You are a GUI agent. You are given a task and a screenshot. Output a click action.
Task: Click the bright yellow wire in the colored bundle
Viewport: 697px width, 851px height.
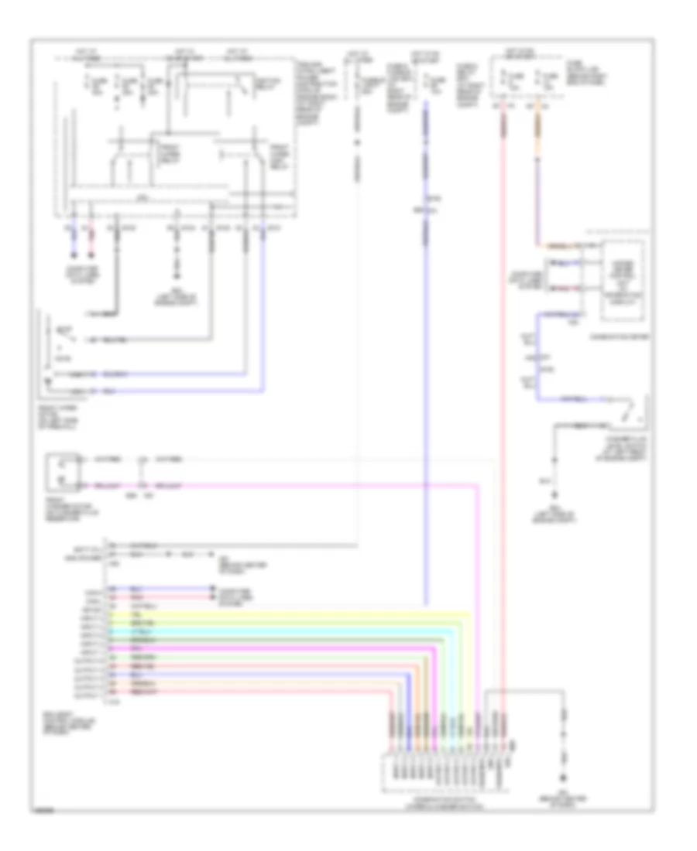[310, 612]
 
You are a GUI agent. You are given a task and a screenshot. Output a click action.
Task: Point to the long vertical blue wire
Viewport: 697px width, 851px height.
[425, 348]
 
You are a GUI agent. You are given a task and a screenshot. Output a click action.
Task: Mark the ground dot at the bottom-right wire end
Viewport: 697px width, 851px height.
[563, 777]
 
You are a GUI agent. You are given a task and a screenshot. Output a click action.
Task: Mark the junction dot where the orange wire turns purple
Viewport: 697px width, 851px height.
[577, 245]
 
